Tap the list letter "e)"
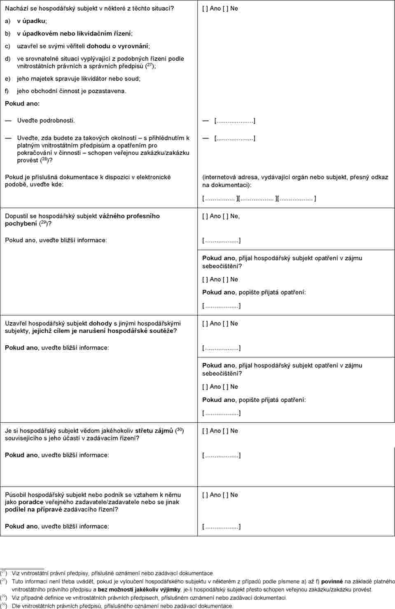pos(8,78)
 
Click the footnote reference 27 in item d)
pos(150,65)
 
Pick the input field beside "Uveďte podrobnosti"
pos(234,121)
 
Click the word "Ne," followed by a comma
pos(234,216)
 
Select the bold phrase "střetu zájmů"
pos(154,431)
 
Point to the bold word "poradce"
pos(31,502)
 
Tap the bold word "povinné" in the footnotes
pos(332,581)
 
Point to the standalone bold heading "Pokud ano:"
pos(22,103)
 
